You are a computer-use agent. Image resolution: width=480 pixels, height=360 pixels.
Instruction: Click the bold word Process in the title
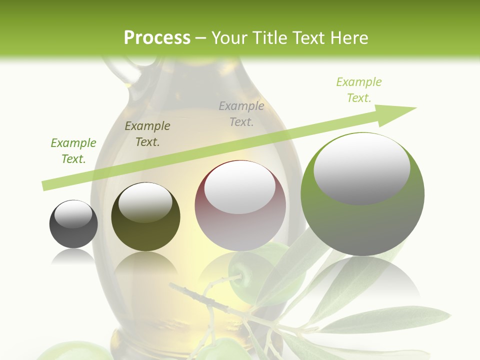(157, 37)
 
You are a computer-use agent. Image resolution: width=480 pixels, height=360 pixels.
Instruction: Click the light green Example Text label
(358, 90)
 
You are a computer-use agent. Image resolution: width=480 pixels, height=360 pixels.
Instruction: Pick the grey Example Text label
(241, 113)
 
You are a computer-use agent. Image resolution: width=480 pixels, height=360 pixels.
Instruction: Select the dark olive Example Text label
(147, 133)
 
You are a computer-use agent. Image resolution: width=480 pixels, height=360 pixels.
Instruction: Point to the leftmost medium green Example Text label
(73, 150)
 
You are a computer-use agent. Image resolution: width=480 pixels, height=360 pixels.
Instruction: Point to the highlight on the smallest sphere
(73, 213)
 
